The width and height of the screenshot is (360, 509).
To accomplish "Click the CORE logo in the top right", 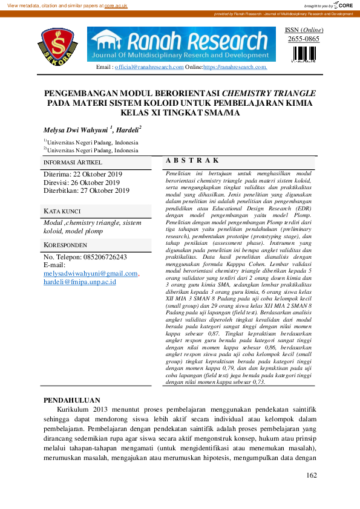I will tap(342, 5).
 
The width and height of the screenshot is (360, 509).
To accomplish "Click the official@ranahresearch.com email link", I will tap(149, 67).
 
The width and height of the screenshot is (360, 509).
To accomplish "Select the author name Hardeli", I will tap(128, 130).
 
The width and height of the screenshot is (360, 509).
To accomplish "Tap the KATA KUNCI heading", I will tap(62, 211).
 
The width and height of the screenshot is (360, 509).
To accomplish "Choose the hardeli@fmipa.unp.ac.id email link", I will tap(79, 282).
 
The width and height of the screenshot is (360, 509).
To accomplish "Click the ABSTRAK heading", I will tap(192, 160).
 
